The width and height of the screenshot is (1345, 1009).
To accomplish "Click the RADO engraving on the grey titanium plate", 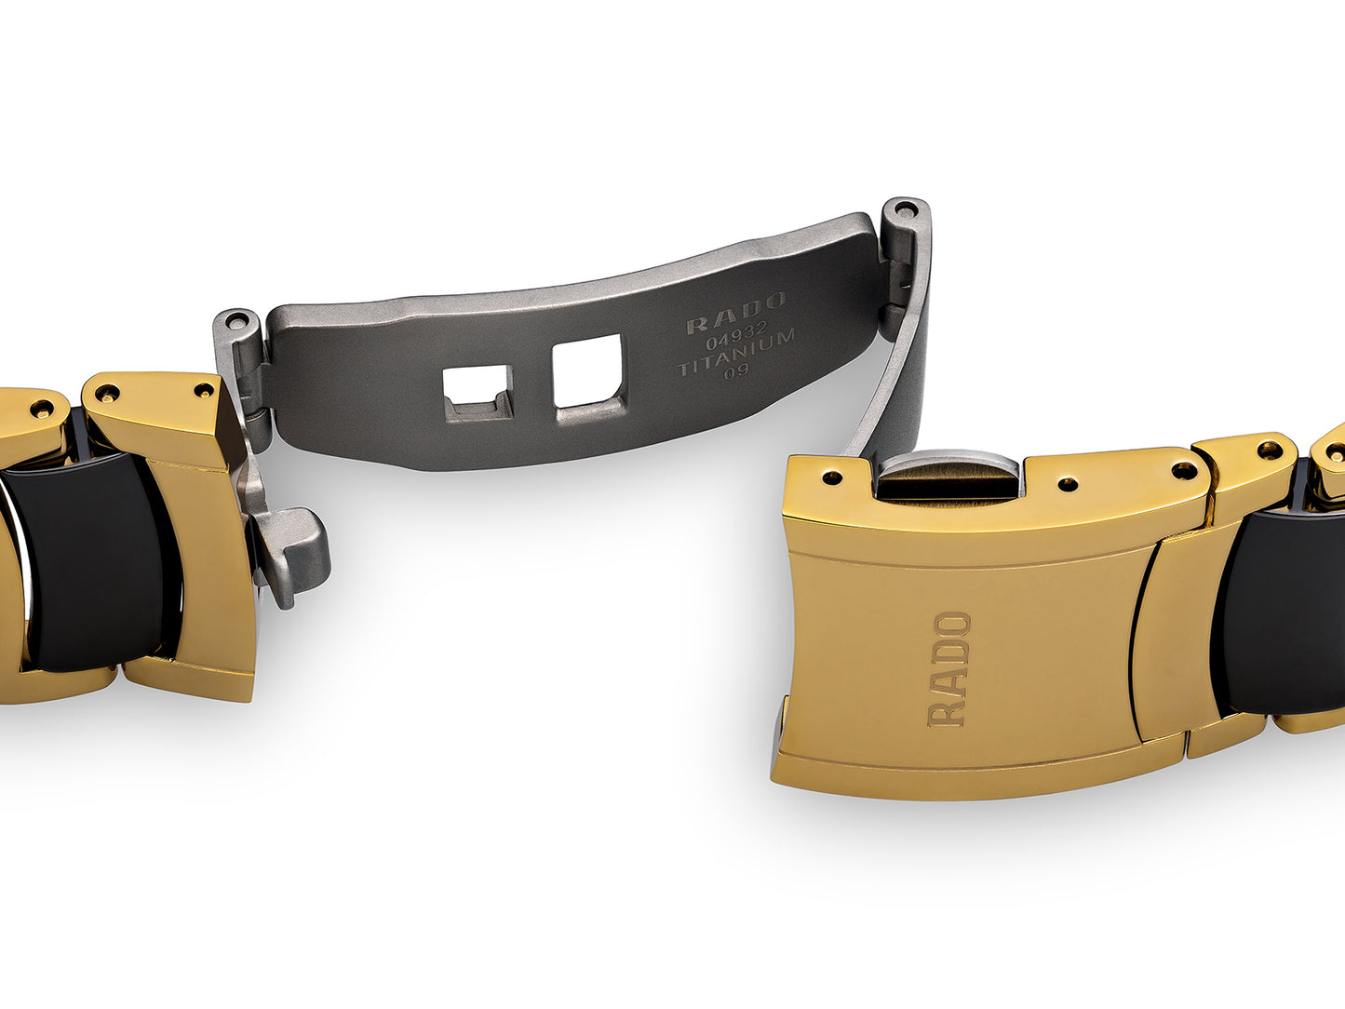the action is pos(736,312).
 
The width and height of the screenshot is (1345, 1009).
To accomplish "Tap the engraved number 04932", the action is pos(736,335).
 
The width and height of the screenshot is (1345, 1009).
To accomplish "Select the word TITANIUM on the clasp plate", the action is pos(736,354).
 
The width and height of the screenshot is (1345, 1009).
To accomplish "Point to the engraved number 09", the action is pos(736,372).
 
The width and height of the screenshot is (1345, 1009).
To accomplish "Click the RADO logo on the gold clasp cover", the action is pos(949,669).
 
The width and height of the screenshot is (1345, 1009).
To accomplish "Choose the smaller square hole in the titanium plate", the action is pos(478,393).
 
